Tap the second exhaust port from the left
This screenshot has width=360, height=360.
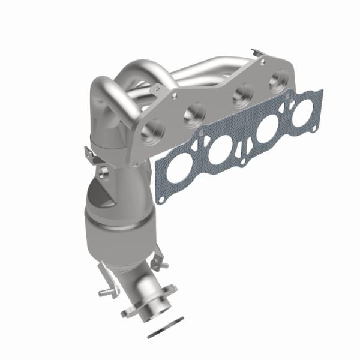tap(196, 112)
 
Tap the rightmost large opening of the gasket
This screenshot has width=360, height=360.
tap(302, 112)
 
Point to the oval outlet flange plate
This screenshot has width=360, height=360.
tap(136, 313)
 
